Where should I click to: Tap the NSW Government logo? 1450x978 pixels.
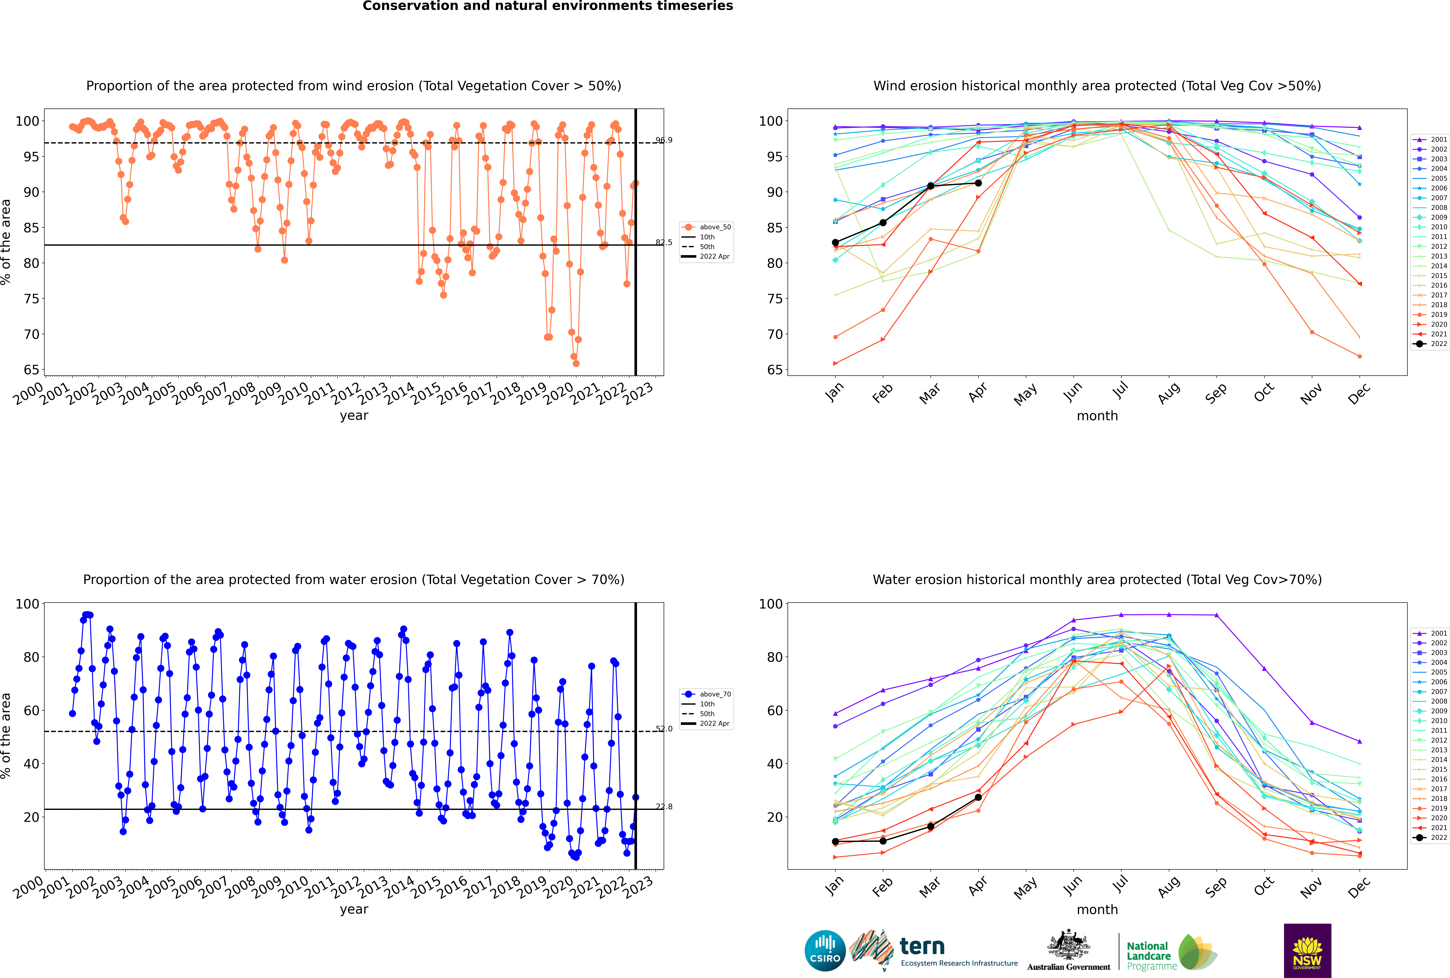[x=1307, y=951]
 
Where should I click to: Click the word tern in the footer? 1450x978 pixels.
[x=922, y=947]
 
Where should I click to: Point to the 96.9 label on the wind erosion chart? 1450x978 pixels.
[x=664, y=140]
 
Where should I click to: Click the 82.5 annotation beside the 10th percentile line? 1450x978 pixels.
[x=664, y=243]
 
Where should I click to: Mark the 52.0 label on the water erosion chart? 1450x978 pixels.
[x=664, y=728]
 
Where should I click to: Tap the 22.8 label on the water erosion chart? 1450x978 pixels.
[x=664, y=806]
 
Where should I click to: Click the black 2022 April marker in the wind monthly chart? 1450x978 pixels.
[x=978, y=183]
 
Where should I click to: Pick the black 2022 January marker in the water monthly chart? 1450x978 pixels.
[x=835, y=841]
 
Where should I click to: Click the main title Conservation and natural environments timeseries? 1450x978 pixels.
[x=548, y=6]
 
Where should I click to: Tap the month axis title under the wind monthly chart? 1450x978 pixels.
[x=1097, y=416]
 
